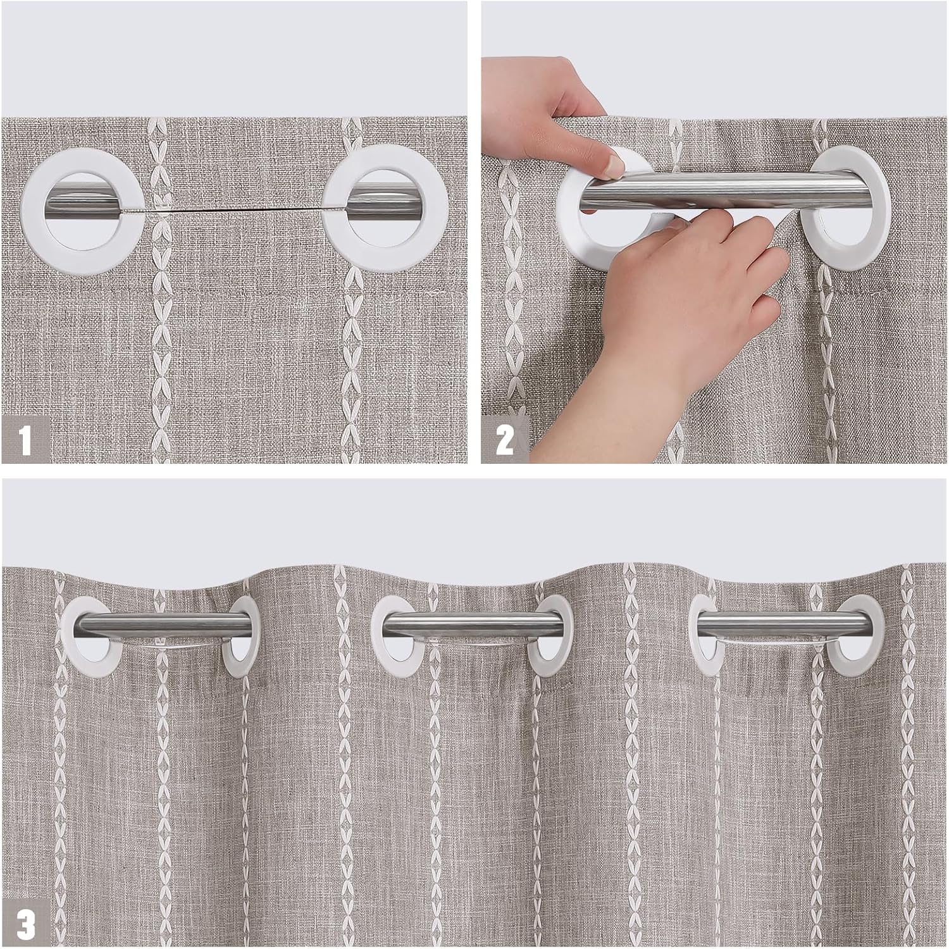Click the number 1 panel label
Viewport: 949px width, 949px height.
pyautogui.click(x=25, y=440)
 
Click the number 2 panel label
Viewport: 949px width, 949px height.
pyautogui.click(x=504, y=440)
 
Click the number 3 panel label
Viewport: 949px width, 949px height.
pyautogui.click(x=26, y=924)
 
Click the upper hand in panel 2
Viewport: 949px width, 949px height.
pyautogui.click(x=550, y=114)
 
